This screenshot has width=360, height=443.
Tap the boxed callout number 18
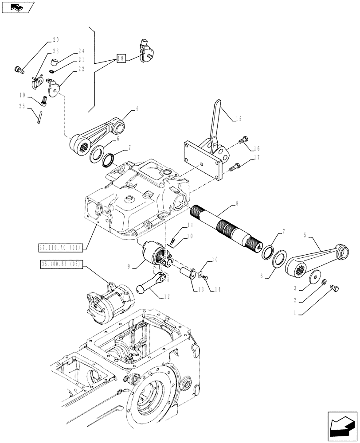pos(121,58)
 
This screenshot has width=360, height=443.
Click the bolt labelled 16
pos(243,140)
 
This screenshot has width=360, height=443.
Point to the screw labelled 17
pos(235,167)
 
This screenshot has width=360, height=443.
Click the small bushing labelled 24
pos(55,61)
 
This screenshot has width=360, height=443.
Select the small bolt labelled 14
pos(205,277)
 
